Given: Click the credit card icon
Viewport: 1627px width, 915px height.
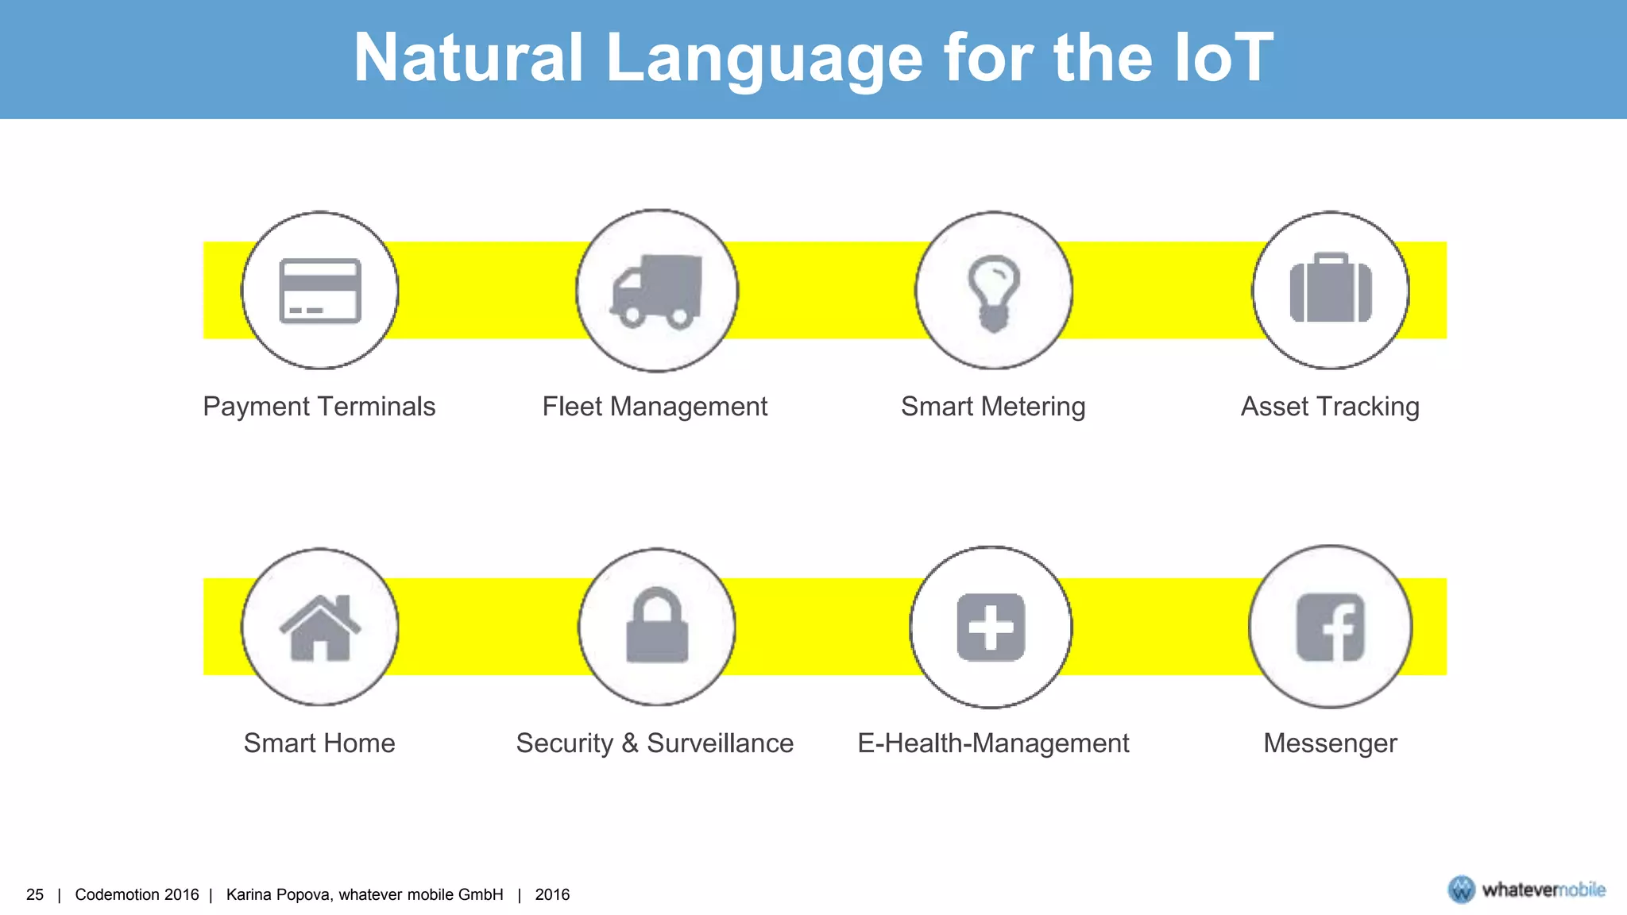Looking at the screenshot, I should pyautogui.click(x=320, y=291).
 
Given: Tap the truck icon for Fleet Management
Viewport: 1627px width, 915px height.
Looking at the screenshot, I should pyautogui.click(x=657, y=291).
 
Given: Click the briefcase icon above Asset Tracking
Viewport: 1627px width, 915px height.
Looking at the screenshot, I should pyautogui.click(x=1331, y=289).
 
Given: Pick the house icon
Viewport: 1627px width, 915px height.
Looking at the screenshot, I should pyautogui.click(x=320, y=627).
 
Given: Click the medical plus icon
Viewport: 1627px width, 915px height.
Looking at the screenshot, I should pyautogui.click(x=991, y=627).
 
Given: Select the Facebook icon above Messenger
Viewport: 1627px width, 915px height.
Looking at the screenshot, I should pyautogui.click(x=1331, y=627).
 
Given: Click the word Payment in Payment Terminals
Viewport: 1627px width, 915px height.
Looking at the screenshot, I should pyautogui.click(x=256, y=407).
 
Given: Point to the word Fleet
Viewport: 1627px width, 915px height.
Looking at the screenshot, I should pyautogui.click(x=572, y=407).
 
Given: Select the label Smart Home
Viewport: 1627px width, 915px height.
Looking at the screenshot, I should pyautogui.click(x=319, y=743).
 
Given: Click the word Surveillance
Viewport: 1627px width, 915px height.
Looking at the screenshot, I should pyautogui.click(x=720, y=743).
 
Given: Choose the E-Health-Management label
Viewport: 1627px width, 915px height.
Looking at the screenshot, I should pyautogui.click(x=993, y=743).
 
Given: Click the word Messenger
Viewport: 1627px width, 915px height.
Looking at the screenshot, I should pyautogui.click(x=1330, y=743).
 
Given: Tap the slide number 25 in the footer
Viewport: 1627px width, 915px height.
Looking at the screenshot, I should pyautogui.click(x=35, y=894).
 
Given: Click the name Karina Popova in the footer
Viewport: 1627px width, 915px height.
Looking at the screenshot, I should pyautogui.click(x=278, y=894).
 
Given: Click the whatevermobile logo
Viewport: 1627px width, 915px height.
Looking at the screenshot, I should pyautogui.click(x=1526, y=890).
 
